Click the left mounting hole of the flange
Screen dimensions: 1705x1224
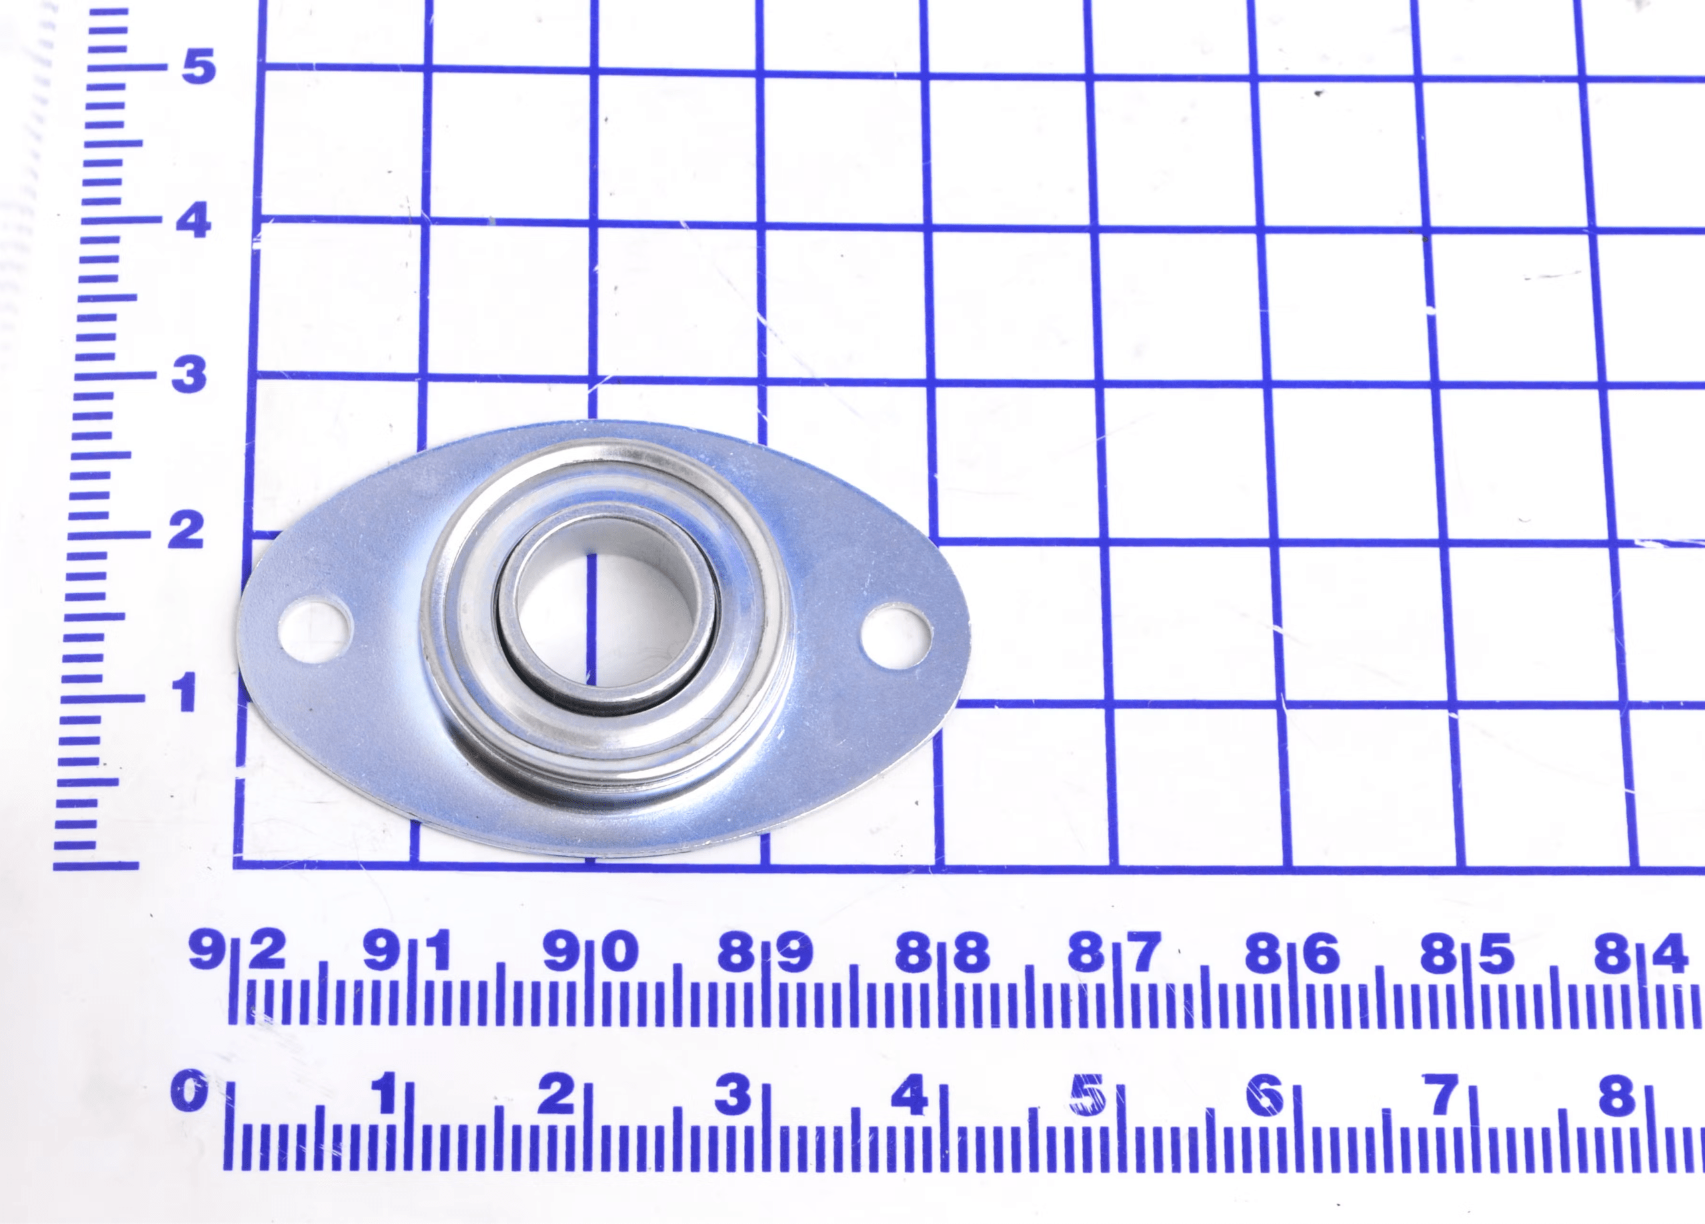[315, 629]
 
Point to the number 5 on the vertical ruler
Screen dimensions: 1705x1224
[199, 66]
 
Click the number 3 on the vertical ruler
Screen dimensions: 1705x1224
[189, 375]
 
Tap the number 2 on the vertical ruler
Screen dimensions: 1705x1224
[185, 530]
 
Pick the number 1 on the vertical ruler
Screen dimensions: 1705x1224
[183, 693]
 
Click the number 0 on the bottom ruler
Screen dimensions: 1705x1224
[187, 1092]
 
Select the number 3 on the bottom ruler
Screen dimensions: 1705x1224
[731, 1094]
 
